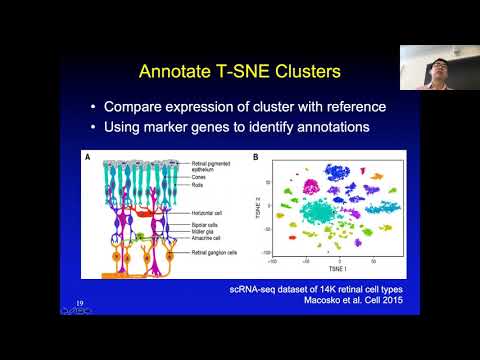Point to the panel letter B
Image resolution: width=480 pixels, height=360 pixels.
[258, 156]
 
